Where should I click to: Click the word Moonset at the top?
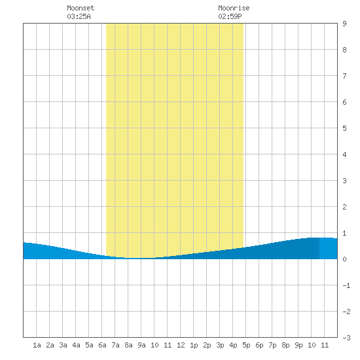[81, 8]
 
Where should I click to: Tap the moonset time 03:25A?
[79, 16]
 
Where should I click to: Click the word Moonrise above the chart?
[234, 8]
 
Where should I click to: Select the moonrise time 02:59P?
[230, 16]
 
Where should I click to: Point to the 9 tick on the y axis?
[344, 24]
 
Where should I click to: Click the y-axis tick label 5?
[344, 128]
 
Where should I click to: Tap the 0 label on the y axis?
[344, 259]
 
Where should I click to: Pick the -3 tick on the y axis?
[346, 338]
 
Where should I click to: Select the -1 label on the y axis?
[346, 285]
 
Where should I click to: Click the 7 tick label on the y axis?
[344, 76]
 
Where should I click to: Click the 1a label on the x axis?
[37, 345]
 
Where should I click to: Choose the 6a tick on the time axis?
[102, 345]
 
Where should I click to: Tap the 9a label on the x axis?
[141, 345]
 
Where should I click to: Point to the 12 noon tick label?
[181, 345]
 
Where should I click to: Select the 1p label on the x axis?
[194, 345]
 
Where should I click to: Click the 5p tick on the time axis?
[246, 345]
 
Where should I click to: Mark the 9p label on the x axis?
[298, 345]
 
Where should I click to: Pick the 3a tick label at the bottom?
[63, 345]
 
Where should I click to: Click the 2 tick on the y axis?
[344, 207]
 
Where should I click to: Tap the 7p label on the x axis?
[272, 345]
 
